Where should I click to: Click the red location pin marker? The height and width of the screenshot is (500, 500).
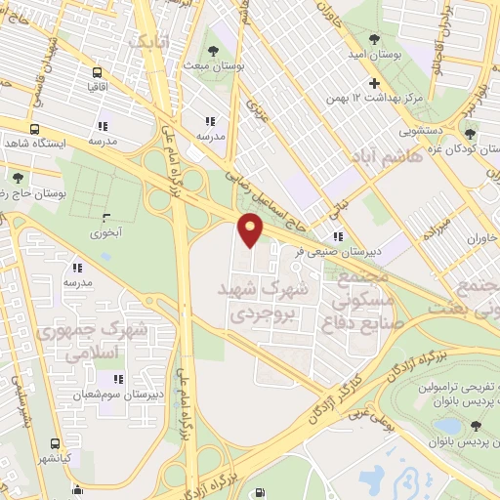pyautogui.click(x=251, y=230)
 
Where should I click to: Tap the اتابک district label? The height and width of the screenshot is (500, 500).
pyautogui.click(x=148, y=42)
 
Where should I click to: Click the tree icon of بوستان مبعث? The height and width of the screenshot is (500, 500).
pyautogui.click(x=213, y=52)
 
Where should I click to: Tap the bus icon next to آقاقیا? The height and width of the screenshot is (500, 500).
pyautogui.click(x=97, y=72)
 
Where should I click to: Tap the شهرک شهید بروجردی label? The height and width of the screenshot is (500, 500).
pyautogui.click(x=264, y=303)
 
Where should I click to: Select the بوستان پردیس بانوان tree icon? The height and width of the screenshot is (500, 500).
pyautogui.click(x=475, y=425)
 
